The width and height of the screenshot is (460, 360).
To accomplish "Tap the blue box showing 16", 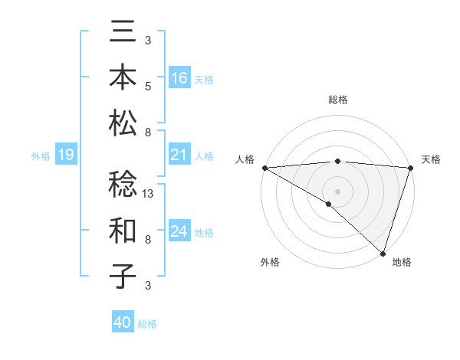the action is (x=179, y=77).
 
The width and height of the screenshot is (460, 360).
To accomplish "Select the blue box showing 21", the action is (x=179, y=155).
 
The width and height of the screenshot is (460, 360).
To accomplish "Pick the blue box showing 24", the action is (x=179, y=231).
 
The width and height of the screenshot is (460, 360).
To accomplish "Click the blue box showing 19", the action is (x=65, y=155).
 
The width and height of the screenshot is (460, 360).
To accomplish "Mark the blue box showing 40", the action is (x=123, y=322).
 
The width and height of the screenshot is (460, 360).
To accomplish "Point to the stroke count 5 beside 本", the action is (x=148, y=87).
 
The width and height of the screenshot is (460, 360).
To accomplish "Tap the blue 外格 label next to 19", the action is (x=41, y=156).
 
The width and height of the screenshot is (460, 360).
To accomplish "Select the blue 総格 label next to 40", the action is (x=147, y=323).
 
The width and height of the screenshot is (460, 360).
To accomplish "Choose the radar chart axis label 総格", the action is (x=338, y=100).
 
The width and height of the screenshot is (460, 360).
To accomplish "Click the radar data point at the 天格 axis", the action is (x=411, y=168).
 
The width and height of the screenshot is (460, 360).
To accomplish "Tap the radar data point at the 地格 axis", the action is (x=382, y=253).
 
